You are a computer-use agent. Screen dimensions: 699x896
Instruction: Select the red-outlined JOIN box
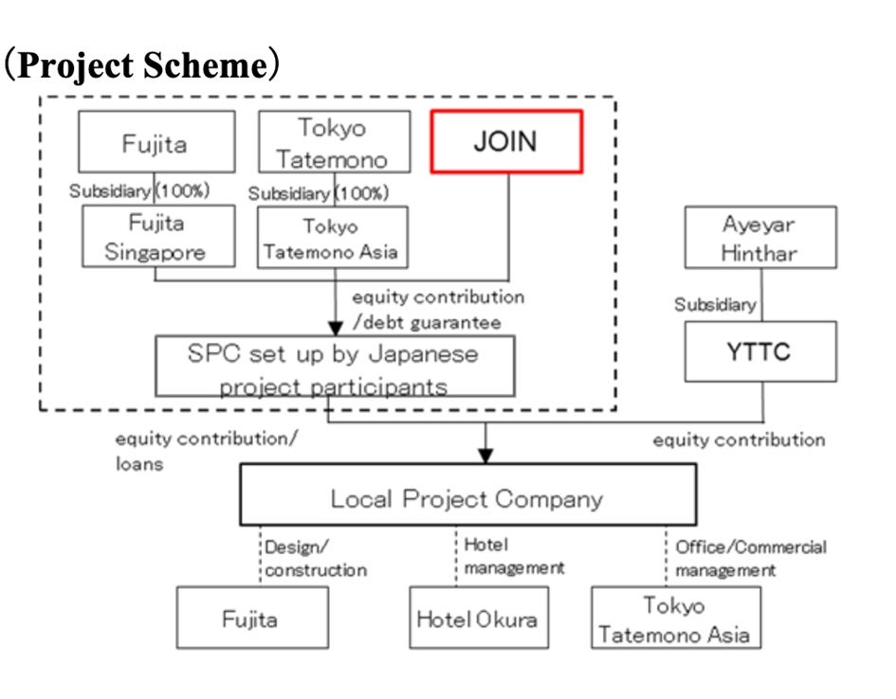505,142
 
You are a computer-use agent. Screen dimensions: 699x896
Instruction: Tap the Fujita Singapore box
157,237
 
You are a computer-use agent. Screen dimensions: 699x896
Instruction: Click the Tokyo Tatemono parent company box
335,142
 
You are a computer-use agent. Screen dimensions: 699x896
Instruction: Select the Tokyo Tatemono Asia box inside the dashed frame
333,238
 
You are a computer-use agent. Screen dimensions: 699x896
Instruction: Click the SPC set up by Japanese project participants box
335,367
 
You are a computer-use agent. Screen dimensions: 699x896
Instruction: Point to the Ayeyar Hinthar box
761,238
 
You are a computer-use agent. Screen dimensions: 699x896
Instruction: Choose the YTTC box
761,351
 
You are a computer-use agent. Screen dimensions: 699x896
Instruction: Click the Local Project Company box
467,497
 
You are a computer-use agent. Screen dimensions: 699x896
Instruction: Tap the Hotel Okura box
478,618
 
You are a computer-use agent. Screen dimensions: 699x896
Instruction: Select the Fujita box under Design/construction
251,618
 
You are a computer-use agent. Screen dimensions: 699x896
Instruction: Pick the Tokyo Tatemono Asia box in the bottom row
675,618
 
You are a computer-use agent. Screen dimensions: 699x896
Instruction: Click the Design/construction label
315,558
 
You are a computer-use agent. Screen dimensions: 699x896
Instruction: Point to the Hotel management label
513,556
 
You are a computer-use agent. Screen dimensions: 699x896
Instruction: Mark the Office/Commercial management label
750,558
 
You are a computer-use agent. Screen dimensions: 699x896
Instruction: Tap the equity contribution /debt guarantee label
437,309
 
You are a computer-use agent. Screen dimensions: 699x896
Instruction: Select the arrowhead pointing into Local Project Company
485,456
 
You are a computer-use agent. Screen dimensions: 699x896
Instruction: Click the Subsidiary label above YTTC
715,304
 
